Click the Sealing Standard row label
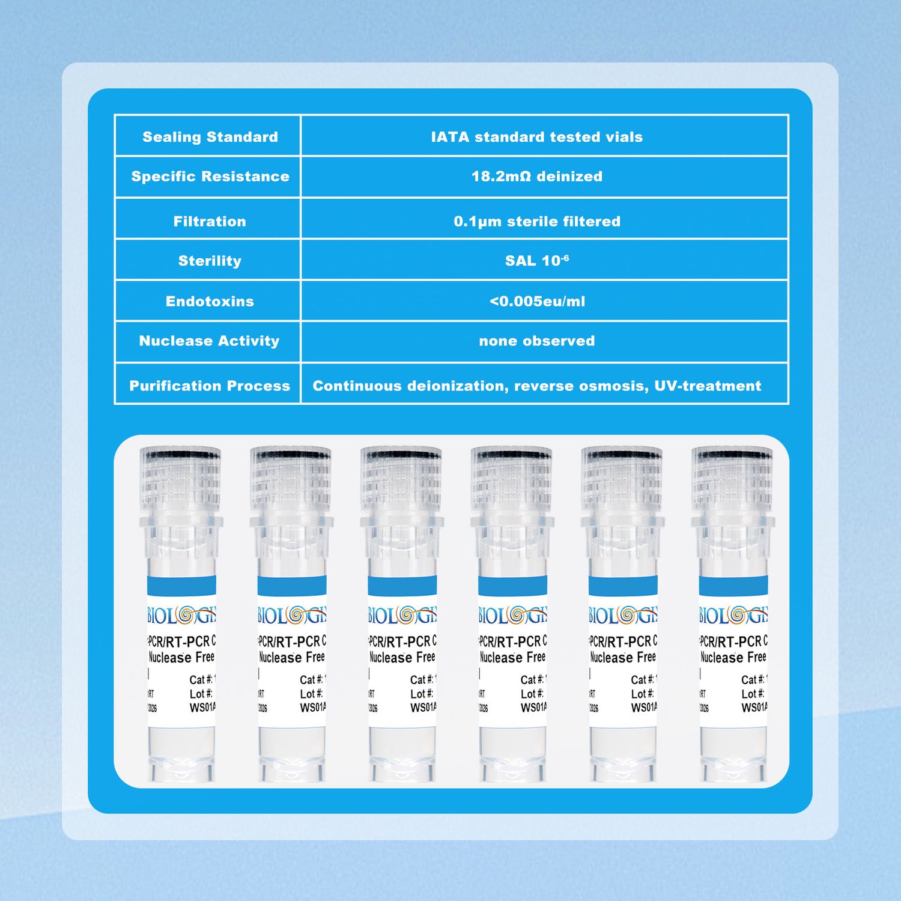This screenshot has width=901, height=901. (x=210, y=137)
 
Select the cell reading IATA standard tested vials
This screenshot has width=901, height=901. (x=536, y=137)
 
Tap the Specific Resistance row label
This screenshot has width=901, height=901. (x=210, y=177)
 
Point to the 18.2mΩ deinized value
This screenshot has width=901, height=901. (x=536, y=177)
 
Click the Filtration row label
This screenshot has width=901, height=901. (x=210, y=222)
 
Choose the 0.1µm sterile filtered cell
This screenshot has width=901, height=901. (x=536, y=222)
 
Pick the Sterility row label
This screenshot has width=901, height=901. (x=210, y=261)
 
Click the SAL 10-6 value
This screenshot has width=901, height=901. (x=536, y=261)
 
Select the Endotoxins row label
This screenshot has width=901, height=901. (x=210, y=302)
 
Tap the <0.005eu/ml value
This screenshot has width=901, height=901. (x=536, y=302)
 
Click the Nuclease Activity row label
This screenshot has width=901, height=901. (x=209, y=341)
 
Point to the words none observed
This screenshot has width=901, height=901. (x=536, y=341)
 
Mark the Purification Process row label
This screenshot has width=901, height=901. (x=210, y=386)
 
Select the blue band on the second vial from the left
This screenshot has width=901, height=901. (x=291, y=586)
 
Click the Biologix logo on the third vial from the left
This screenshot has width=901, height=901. (x=402, y=615)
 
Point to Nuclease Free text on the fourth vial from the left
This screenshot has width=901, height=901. (x=512, y=657)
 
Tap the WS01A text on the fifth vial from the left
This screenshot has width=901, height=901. (x=644, y=708)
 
